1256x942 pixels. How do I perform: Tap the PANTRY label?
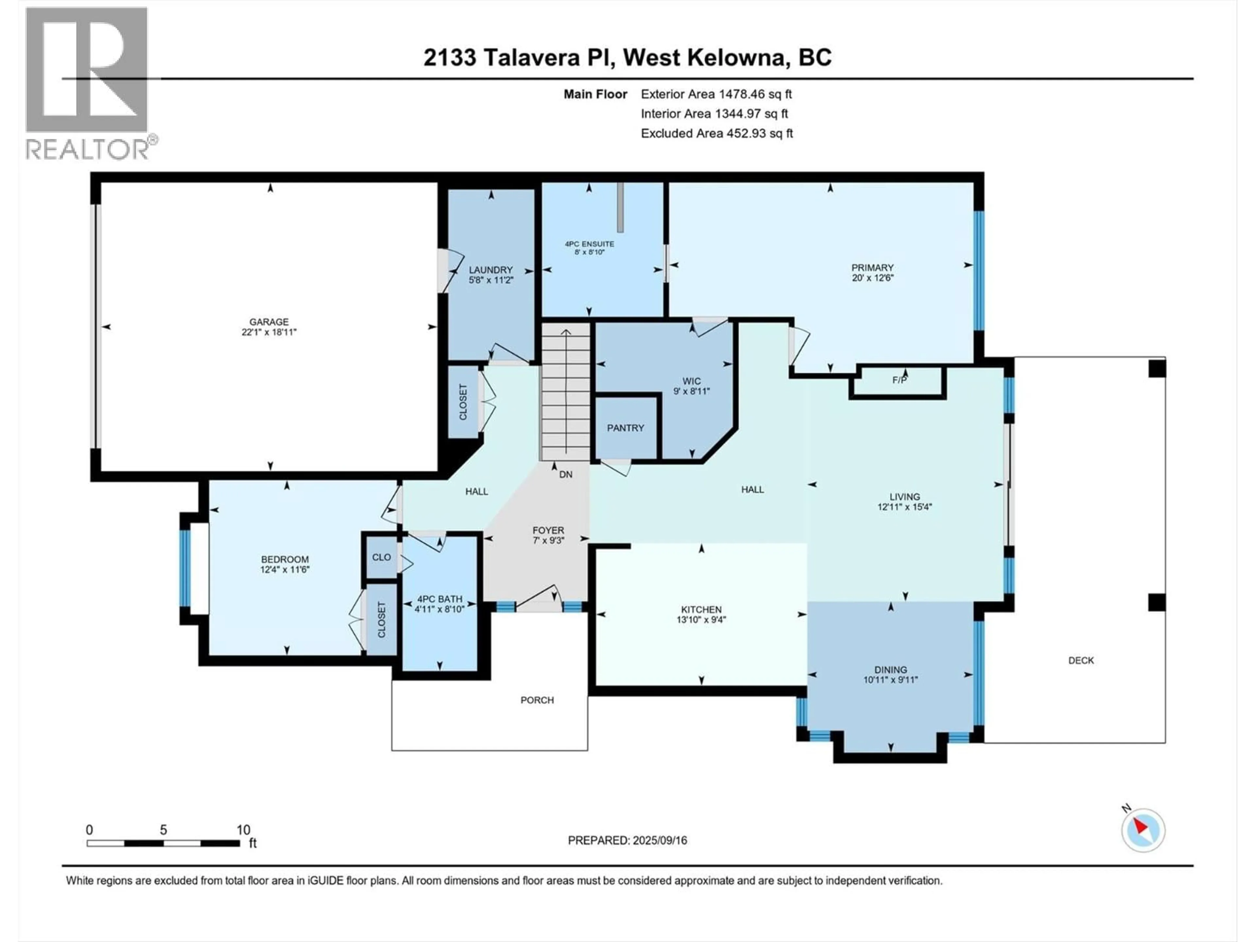click(625, 427)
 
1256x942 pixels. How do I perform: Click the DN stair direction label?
click(566, 474)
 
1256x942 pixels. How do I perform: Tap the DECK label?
click(1081, 660)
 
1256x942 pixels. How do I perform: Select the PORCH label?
click(537, 700)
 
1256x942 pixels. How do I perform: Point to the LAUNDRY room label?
click(491, 270)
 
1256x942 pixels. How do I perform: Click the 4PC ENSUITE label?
click(589, 244)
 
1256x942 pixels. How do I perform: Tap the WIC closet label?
click(691, 381)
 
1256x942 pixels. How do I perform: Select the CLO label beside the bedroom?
click(381, 557)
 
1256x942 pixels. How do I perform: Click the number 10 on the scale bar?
click(243, 829)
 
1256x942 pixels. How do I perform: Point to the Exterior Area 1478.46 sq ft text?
click(716, 94)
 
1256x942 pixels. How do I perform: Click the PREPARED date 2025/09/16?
click(627, 840)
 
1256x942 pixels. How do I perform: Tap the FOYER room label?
click(548, 530)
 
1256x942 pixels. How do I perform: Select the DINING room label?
click(890, 670)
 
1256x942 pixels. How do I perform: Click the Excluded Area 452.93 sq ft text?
click(717, 133)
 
